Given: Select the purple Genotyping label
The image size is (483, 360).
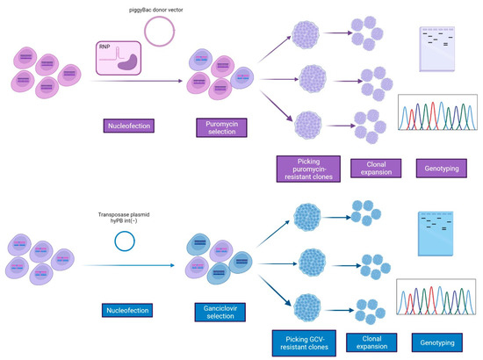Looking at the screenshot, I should [x=440, y=166].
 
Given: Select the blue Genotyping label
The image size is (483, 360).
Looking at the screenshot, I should [x=440, y=343].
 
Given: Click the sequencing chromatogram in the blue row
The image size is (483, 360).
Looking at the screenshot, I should [x=440, y=303].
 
